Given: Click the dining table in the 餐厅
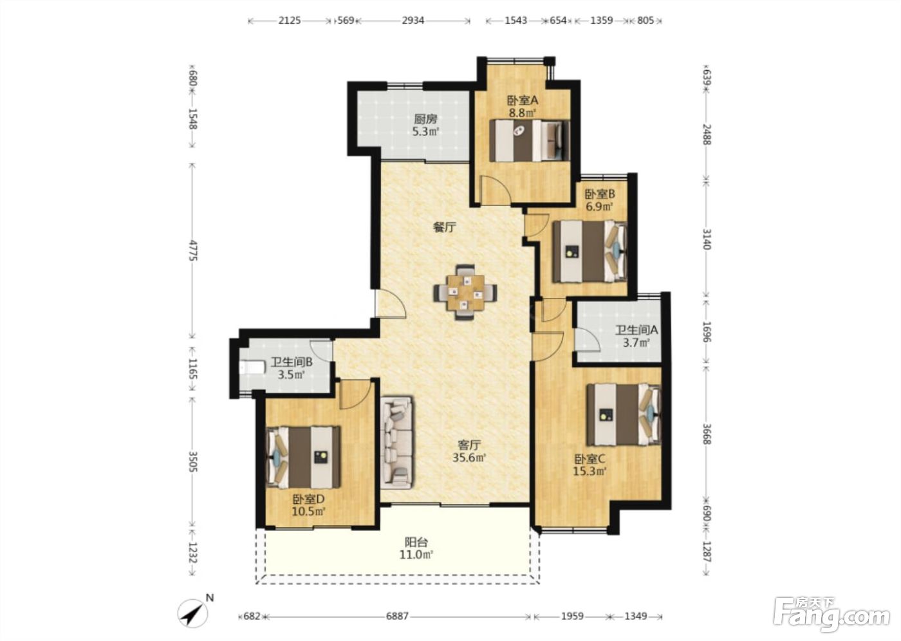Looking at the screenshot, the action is pos(465,292).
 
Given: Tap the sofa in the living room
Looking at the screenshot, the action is pos(396,443).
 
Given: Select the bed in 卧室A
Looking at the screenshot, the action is pos(530,141).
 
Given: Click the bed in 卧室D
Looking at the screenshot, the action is pos(303,457).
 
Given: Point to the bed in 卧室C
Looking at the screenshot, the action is pos(624,414).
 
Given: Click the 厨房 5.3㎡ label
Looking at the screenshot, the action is pos(425,125).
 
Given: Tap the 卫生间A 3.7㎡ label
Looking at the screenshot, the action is pos(636,336).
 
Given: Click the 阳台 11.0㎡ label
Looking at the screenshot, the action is pos(416,548).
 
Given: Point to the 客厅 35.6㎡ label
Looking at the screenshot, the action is pos(469,451).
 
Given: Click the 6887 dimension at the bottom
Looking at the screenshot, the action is pos(397,617).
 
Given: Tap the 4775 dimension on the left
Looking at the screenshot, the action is pos(194,250).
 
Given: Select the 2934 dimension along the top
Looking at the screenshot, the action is pos(413,20).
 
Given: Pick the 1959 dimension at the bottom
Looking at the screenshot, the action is pos(571,617).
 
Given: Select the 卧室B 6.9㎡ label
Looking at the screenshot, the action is pos(599,201).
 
